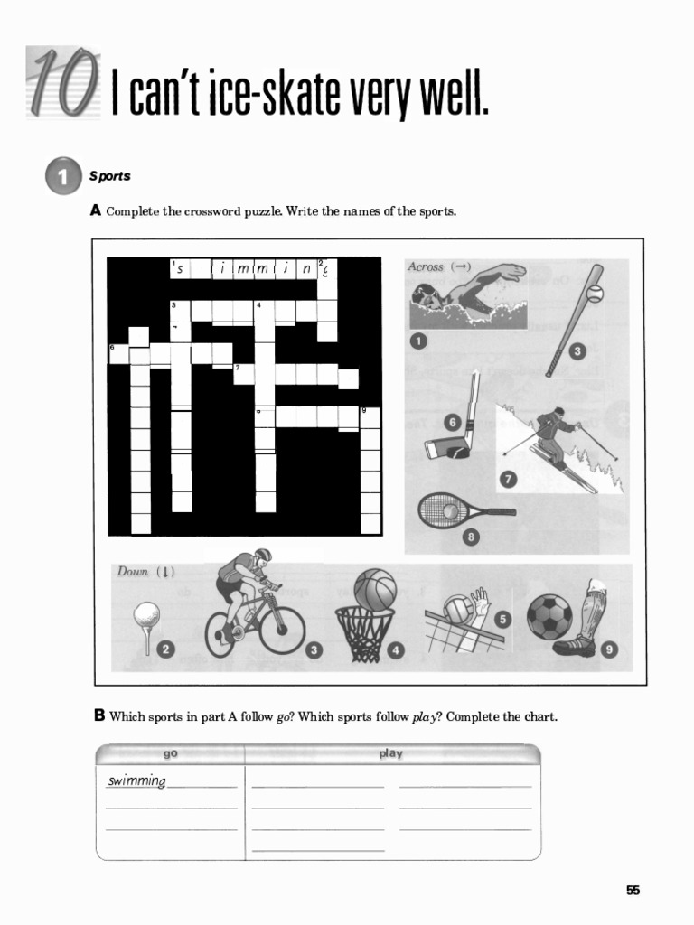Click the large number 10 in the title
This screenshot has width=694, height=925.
61,84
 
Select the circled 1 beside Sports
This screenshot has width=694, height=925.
61,176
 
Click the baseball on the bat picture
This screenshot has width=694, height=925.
594,294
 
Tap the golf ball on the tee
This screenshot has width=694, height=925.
146,615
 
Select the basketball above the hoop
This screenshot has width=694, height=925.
374,588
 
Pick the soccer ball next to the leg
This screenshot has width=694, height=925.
549,616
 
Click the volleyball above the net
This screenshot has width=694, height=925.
460,610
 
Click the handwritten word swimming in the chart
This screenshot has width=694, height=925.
136,781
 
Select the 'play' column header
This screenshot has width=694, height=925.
390,753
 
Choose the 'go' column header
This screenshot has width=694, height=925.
170,753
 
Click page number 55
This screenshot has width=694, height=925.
633,891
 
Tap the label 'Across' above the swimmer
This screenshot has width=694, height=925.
426,267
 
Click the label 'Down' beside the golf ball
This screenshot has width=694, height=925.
133,572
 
